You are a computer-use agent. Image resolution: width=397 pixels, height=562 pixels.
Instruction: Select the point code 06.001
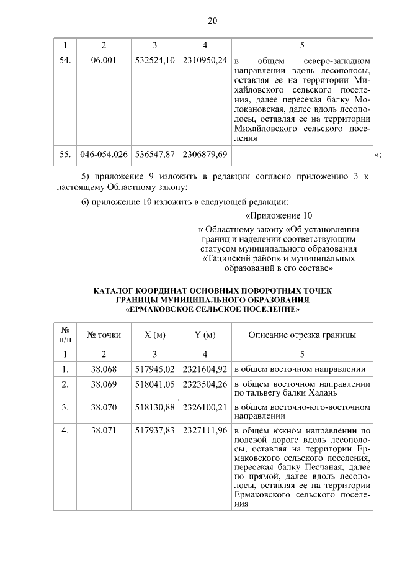click(x=104, y=61)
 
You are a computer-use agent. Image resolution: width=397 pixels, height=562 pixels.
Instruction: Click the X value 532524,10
click(x=155, y=61)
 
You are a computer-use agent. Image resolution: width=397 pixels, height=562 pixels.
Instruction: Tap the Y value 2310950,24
click(x=205, y=61)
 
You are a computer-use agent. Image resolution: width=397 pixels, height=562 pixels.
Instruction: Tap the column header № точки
click(x=104, y=335)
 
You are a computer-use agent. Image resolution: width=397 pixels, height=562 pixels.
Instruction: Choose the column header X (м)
click(x=154, y=335)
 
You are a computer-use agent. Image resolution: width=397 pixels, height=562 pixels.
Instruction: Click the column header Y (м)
click(x=205, y=335)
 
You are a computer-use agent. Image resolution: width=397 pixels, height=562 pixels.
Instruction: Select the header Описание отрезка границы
click(x=302, y=335)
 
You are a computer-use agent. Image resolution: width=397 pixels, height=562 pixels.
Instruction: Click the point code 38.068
click(x=104, y=369)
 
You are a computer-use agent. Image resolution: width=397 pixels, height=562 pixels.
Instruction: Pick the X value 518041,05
click(x=155, y=384)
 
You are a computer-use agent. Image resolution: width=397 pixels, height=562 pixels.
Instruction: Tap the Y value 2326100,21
click(x=205, y=407)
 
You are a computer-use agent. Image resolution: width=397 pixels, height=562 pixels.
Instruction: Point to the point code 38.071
click(x=104, y=429)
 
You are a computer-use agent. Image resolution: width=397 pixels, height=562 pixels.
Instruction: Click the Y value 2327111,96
click(x=205, y=429)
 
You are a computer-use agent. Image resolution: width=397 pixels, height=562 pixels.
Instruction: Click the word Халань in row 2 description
click(x=321, y=393)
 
